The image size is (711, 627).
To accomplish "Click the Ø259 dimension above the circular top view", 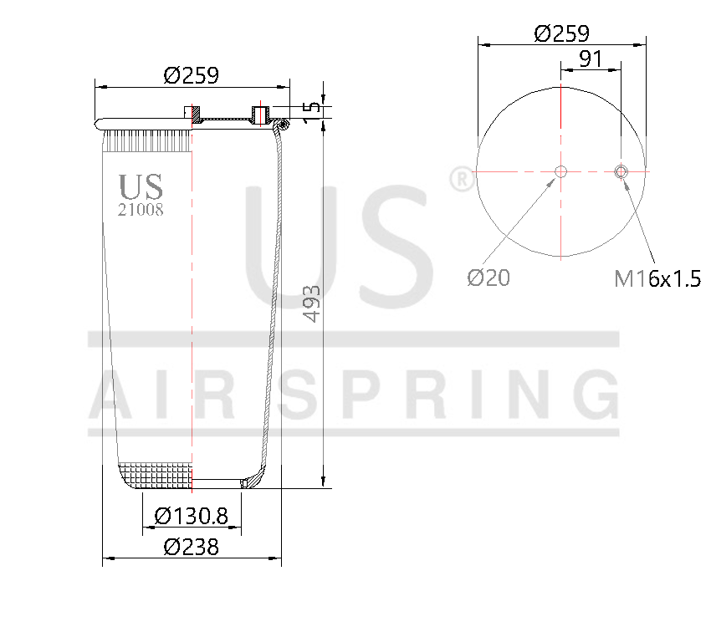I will (x=561, y=33).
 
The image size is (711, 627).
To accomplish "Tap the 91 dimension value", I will (x=591, y=59).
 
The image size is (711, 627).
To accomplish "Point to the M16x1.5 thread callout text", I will (x=657, y=279).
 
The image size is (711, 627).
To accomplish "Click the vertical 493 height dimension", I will (x=312, y=303).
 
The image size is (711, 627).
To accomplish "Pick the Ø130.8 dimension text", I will (x=192, y=516).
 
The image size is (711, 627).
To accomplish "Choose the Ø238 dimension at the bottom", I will (x=191, y=547).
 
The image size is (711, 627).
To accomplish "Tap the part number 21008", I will (x=140, y=210).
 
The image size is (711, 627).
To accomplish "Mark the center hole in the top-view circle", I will (x=561, y=172).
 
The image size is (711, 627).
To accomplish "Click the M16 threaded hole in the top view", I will (x=621, y=172).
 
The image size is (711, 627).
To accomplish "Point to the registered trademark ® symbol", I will (x=461, y=179).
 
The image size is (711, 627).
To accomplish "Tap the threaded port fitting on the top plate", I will (x=259, y=113).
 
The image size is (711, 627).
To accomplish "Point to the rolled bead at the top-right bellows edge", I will (x=283, y=125).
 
